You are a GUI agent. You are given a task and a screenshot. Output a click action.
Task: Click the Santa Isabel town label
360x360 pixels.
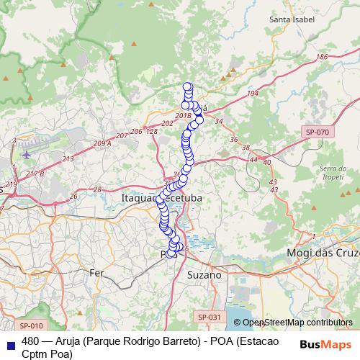pos(292,19)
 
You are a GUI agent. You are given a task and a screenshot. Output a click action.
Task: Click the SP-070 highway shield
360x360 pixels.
pos(317,132)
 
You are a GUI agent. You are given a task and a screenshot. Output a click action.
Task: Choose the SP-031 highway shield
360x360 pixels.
pos(209,317)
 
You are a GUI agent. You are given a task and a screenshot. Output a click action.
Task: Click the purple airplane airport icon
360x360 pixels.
pos(27,153)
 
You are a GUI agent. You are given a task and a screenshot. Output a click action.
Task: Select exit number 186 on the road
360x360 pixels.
pos(322,57)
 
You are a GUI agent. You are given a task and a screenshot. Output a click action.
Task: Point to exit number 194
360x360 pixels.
pos(252,94)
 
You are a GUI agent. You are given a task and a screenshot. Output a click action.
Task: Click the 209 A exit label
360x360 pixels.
pos(103,143)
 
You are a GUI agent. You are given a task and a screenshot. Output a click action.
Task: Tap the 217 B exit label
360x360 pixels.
pos(35,174)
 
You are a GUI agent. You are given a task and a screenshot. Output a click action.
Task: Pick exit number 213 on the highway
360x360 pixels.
pos(68,158)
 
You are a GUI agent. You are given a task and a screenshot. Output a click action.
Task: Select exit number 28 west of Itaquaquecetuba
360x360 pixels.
pos(96,189)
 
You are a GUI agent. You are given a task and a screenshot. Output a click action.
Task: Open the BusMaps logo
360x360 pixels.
pos(326,345)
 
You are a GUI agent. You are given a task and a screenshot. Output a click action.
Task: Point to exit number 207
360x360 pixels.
pos(122,135)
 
